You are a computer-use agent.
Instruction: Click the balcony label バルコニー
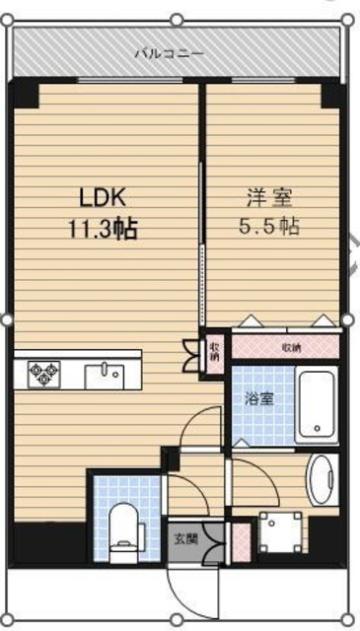(x=169, y=52)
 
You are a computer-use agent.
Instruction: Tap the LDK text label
(x=104, y=200)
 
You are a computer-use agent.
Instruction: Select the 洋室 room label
(x=269, y=201)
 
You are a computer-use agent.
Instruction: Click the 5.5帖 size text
(x=269, y=227)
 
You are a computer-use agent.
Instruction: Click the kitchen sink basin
(x=105, y=377)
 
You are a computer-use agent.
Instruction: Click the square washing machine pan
(x=281, y=531)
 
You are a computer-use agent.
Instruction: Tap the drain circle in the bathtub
(x=318, y=428)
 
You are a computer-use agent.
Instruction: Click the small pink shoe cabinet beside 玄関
(x=242, y=542)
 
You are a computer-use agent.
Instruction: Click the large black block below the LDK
(x=49, y=542)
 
